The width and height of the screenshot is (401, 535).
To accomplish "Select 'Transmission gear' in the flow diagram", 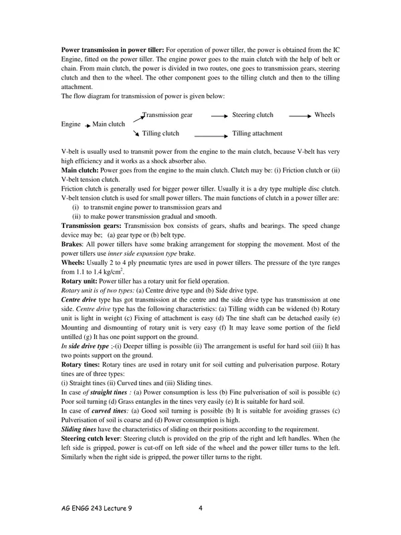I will click(x=168, y=115).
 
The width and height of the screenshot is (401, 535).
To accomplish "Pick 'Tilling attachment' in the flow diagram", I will click(x=257, y=133).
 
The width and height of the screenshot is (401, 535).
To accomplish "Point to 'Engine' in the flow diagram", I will click(x=71, y=124).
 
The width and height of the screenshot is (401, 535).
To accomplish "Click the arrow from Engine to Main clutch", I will click(x=87, y=125).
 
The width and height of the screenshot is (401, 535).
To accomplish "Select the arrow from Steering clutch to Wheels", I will click(x=299, y=116).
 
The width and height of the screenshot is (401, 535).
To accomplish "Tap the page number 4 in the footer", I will click(x=200, y=508).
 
